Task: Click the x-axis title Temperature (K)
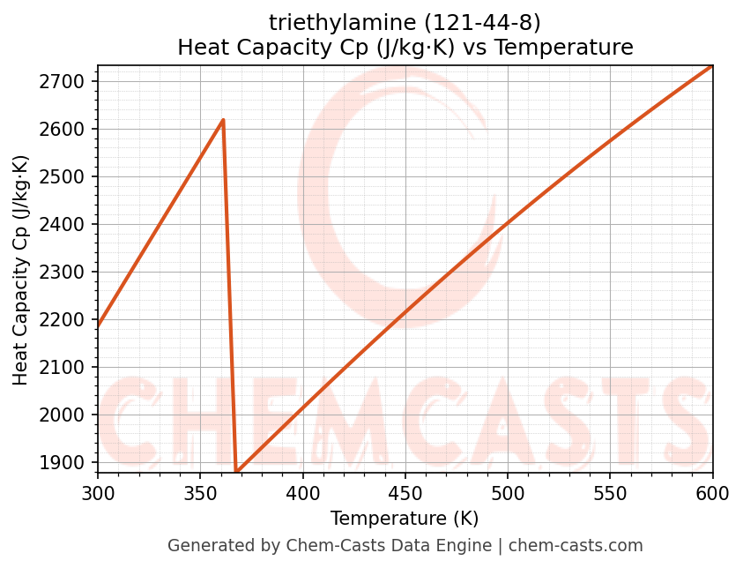click(405, 519)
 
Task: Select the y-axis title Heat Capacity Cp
click(21, 270)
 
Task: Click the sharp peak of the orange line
click(223, 119)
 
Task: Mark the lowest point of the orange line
click(236, 472)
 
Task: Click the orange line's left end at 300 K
click(98, 326)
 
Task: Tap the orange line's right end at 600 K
click(712, 66)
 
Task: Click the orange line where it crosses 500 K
click(508, 224)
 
